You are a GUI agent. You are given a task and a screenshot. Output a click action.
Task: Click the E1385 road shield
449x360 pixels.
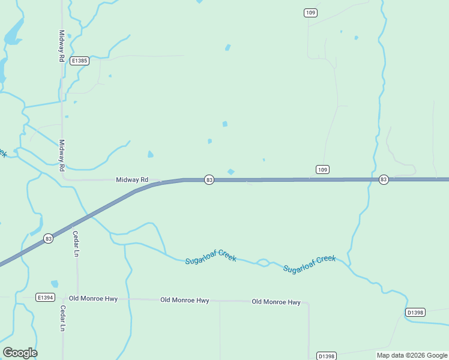(79, 61)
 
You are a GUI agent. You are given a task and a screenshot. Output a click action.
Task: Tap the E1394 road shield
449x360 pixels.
(45, 297)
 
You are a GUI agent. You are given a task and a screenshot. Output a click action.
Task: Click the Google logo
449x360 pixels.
(20, 353)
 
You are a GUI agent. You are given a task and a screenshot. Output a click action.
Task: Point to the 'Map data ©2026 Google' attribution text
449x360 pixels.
(412, 355)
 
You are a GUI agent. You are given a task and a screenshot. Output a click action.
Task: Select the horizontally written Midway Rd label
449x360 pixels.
(132, 179)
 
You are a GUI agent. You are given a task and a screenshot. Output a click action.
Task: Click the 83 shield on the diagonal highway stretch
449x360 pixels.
(49, 239)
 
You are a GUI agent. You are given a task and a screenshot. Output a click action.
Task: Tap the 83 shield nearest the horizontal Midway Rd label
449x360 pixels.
(209, 179)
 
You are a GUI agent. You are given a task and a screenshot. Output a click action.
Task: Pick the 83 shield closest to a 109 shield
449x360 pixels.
(384, 179)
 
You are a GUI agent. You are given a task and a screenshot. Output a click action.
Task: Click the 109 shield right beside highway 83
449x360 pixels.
(322, 170)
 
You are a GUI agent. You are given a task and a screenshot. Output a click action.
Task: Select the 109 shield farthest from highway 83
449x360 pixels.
(310, 13)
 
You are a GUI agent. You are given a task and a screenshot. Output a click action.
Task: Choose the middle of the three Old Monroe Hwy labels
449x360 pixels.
(184, 300)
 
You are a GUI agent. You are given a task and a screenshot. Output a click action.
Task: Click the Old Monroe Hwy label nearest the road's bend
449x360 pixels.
(276, 302)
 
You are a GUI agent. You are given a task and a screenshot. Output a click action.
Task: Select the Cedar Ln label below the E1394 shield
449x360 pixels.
(62, 319)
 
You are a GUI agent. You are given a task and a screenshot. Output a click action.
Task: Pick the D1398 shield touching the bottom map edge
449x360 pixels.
(326, 355)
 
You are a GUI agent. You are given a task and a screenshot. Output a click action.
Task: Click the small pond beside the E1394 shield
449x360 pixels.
(55, 284)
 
